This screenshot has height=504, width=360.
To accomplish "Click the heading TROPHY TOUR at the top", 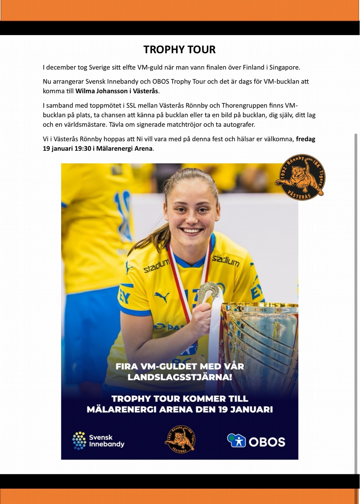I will (x=180, y=50).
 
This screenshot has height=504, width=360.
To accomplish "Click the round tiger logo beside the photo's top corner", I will (x=301, y=177).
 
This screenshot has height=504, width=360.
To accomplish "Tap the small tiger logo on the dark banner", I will (x=180, y=439).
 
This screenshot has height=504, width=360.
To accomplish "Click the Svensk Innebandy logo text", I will (x=106, y=441).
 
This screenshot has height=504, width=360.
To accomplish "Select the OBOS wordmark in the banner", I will (x=267, y=441).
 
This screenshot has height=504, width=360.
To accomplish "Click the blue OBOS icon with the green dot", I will (x=236, y=440).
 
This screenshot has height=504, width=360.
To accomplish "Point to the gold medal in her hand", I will (x=208, y=291).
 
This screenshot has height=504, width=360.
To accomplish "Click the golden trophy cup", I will (x=260, y=339).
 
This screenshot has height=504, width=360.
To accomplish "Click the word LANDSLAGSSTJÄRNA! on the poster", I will (x=180, y=377).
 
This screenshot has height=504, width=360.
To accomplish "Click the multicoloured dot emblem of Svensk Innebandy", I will (x=79, y=441).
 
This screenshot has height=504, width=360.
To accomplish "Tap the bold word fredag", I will (x=306, y=139).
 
